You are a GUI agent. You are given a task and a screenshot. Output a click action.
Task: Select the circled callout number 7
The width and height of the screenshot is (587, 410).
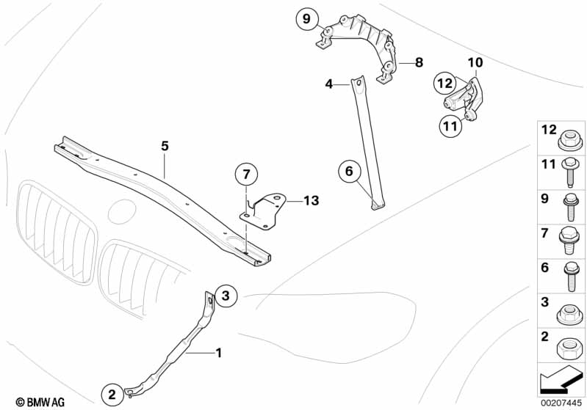(x=247, y=175)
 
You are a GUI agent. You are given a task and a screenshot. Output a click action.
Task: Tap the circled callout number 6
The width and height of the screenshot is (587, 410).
(x=350, y=172)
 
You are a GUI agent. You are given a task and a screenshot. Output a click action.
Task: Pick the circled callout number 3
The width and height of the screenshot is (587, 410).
(x=226, y=296)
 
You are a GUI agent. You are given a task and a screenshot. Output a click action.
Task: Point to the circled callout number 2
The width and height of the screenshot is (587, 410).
(x=112, y=394)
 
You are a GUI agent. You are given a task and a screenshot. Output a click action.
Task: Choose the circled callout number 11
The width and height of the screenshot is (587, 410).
(x=450, y=126)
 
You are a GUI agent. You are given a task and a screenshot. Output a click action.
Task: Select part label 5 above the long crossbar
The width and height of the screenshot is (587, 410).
(x=165, y=147)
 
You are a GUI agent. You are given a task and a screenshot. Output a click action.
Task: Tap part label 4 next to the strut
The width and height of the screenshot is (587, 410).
(x=330, y=85)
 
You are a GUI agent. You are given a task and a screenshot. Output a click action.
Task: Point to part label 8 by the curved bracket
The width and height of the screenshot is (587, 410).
(x=419, y=63)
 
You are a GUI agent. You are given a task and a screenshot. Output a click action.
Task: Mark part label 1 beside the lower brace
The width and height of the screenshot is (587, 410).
(x=218, y=353)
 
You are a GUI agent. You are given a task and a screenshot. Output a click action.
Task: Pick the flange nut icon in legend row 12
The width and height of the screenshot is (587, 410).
(x=571, y=137)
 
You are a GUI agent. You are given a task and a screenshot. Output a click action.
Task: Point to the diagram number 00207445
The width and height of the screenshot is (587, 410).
(x=562, y=402)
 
